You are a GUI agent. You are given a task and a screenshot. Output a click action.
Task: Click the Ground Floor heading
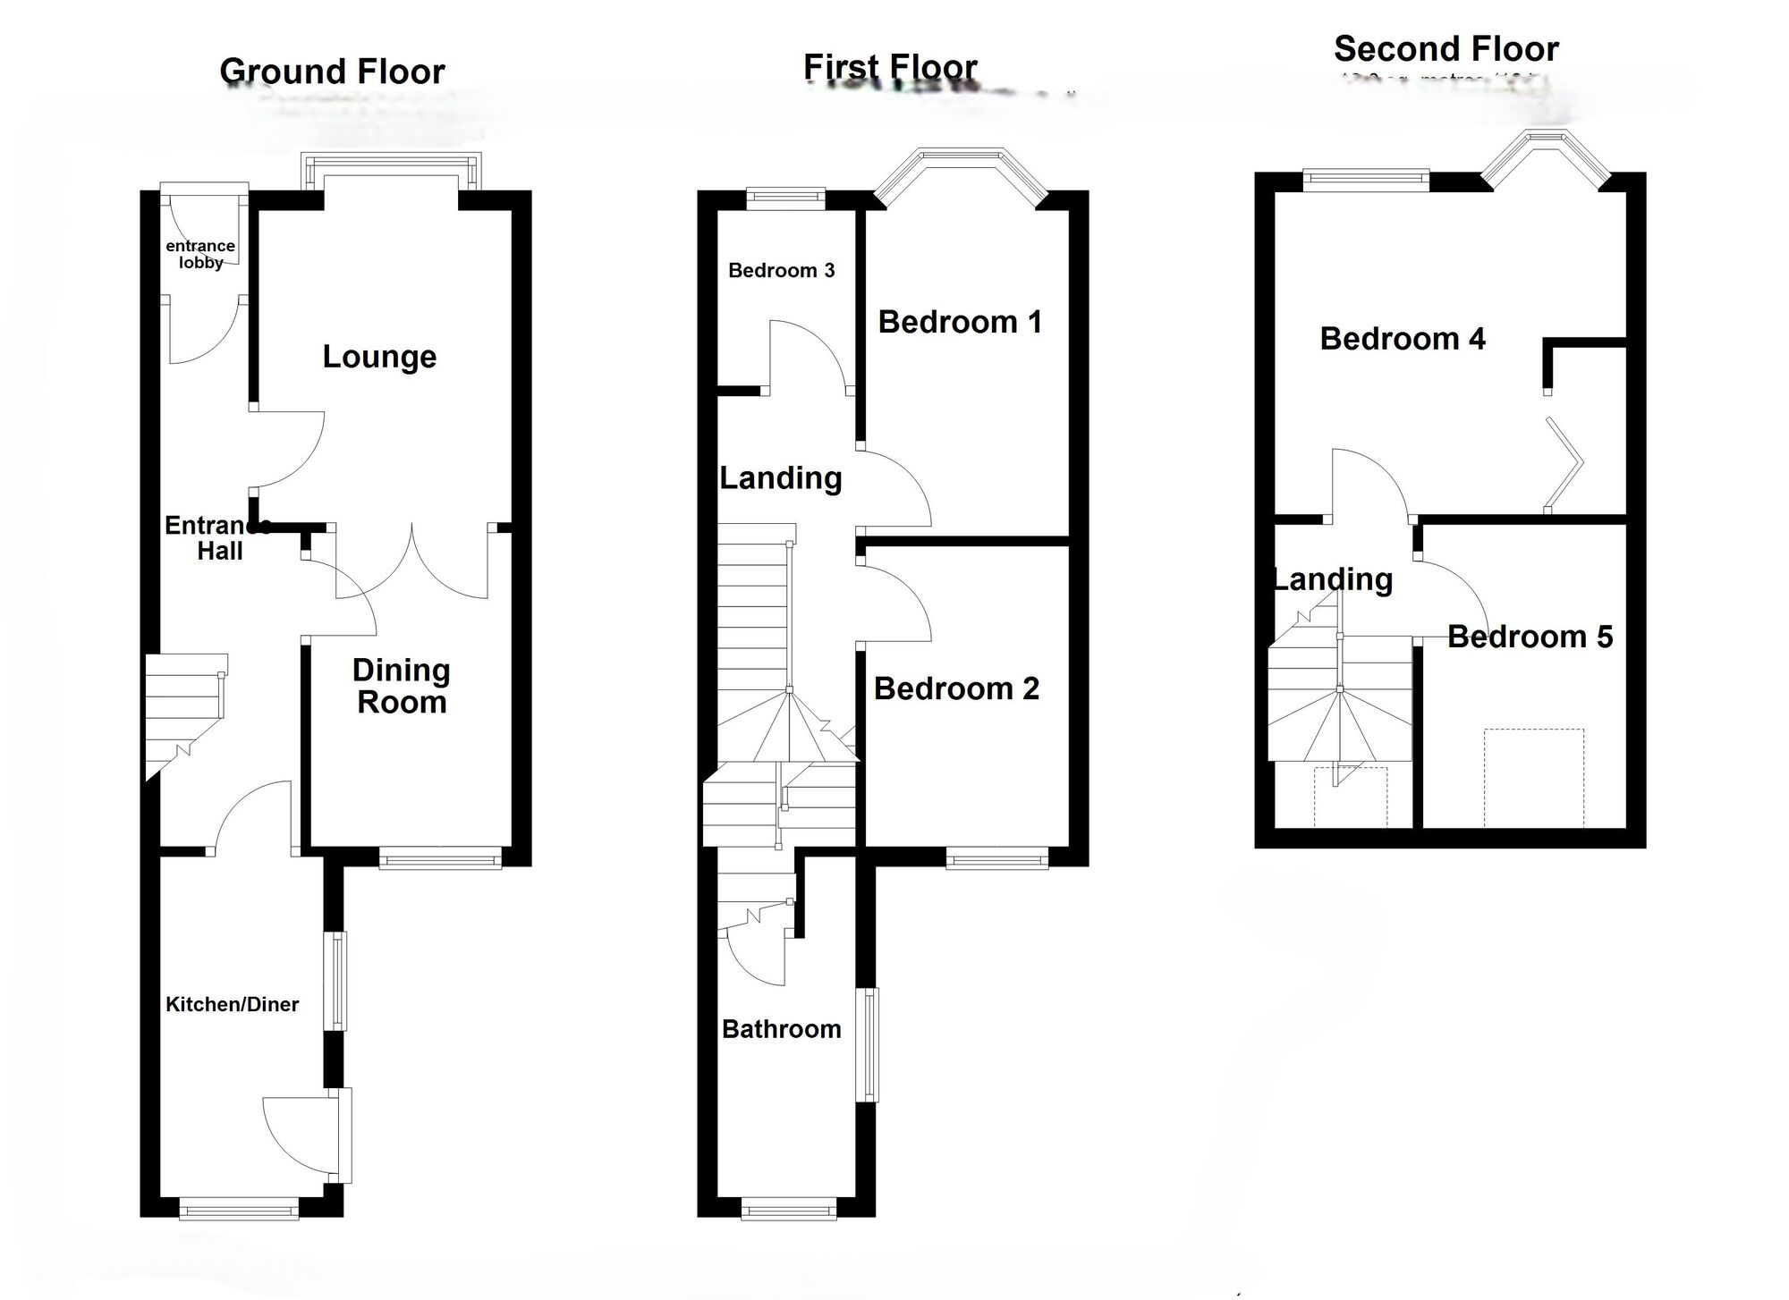coord(332,72)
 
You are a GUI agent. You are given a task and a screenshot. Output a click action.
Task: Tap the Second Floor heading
coord(1446,48)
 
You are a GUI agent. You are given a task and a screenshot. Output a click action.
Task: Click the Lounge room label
coord(379,357)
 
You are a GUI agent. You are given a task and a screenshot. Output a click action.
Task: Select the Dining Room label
coord(402,686)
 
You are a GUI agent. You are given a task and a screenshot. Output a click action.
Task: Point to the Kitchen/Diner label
coord(232,1004)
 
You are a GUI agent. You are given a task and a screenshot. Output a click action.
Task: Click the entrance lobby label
coord(200,254)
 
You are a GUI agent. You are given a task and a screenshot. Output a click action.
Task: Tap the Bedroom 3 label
coord(781,270)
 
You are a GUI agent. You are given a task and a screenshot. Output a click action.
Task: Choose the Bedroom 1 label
coord(960,322)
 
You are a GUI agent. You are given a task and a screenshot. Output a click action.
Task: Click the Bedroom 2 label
coord(956,688)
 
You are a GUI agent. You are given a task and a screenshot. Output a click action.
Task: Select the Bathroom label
coord(781,1029)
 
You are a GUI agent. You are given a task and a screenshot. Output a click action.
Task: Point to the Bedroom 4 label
coord(1402,339)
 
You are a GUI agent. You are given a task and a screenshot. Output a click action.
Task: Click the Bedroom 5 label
coord(1530,637)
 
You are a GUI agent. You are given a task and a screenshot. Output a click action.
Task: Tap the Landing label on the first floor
coord(780,478)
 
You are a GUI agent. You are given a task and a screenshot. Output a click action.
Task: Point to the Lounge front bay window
coord(391,169)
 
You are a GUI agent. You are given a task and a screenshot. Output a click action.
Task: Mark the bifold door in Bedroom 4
coord(1565,464)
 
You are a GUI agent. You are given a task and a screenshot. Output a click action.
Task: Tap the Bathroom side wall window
coord(868,1043)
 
